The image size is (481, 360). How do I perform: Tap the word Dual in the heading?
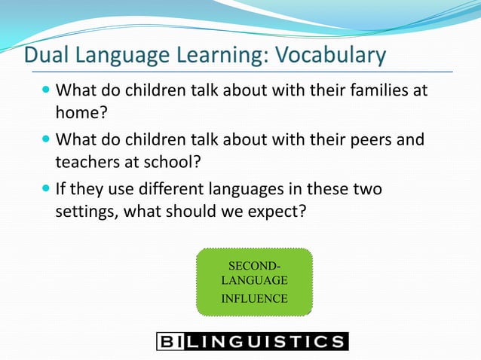tap(44, 56)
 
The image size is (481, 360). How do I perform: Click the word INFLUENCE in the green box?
tap(253, 298)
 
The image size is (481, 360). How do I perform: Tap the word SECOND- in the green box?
tap(253, 266)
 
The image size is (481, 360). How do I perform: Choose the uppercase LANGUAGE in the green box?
tap(253, 280)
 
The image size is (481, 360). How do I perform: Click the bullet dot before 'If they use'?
tap(47, 188)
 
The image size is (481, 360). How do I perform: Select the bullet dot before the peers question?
tap(47, 141)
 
